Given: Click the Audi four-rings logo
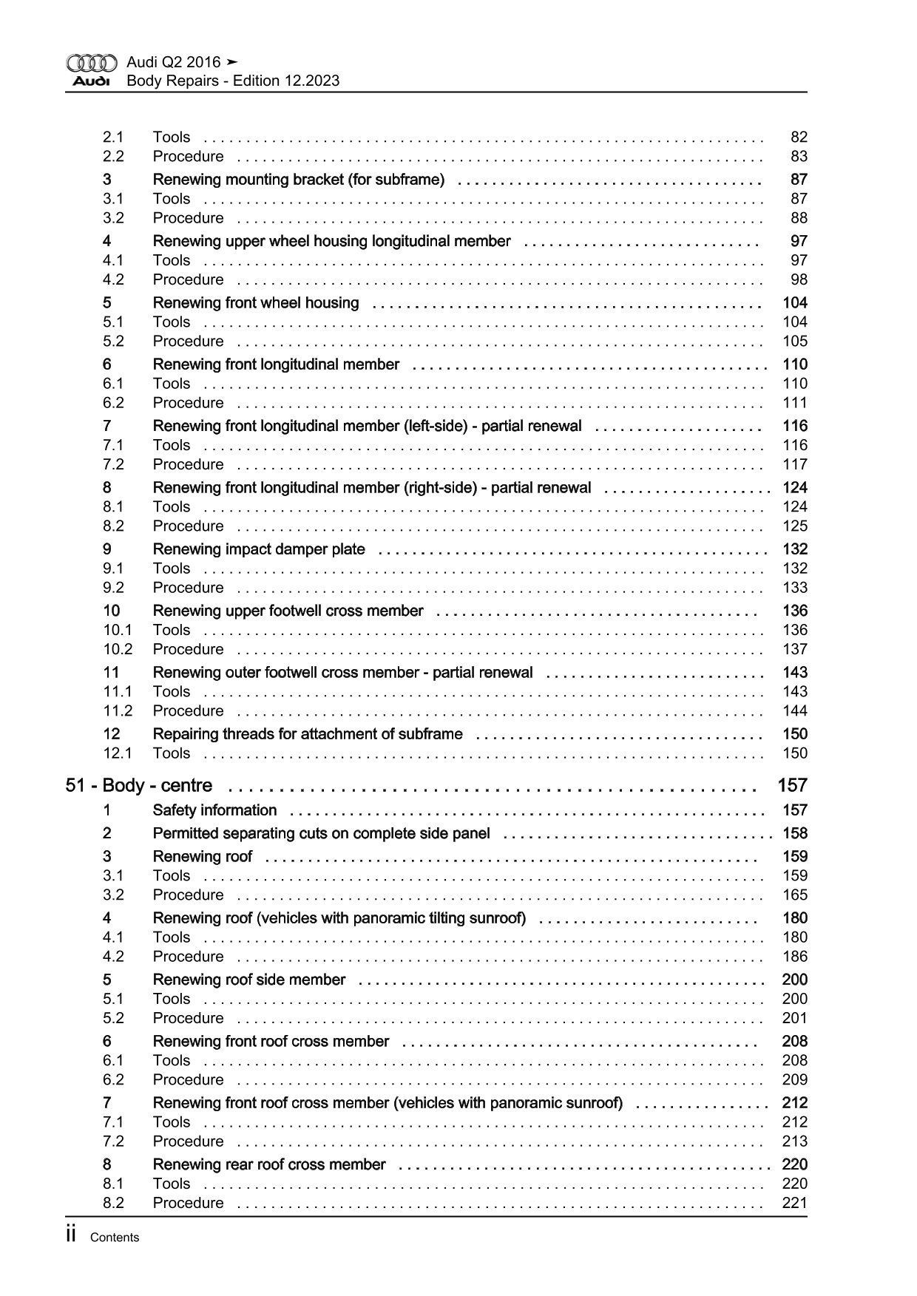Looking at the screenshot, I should coord(92,63).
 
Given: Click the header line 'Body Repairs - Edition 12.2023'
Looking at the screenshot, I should coord(233,81).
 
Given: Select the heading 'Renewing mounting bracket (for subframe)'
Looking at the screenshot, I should coord(298,180).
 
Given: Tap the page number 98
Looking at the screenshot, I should coord(799,279).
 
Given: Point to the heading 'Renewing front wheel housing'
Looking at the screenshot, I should coord(255,302).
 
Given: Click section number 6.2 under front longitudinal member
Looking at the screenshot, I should coord(113,403).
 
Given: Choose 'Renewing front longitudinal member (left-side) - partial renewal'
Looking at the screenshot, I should coord(367,426).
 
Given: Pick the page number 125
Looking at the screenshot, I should coord(795,526).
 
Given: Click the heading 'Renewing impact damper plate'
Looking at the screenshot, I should coord(259,549).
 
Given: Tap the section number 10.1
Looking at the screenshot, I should coord(118,630).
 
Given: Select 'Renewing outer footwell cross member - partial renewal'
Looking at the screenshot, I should coord(342,673).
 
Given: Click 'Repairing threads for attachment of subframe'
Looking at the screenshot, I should coord(308,734).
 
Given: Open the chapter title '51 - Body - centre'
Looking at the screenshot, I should coord(139,785).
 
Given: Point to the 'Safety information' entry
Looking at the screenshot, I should coord(214,810).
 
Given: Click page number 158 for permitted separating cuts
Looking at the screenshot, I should coord(795,833).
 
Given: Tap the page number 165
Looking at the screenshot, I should coord(795,895).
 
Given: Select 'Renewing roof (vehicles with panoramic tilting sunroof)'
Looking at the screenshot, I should coord(339,918).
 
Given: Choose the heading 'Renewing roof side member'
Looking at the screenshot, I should coord(248,980).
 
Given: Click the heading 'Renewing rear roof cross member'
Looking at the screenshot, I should coord(269,1164).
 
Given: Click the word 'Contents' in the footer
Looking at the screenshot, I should coord(114,1238).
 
